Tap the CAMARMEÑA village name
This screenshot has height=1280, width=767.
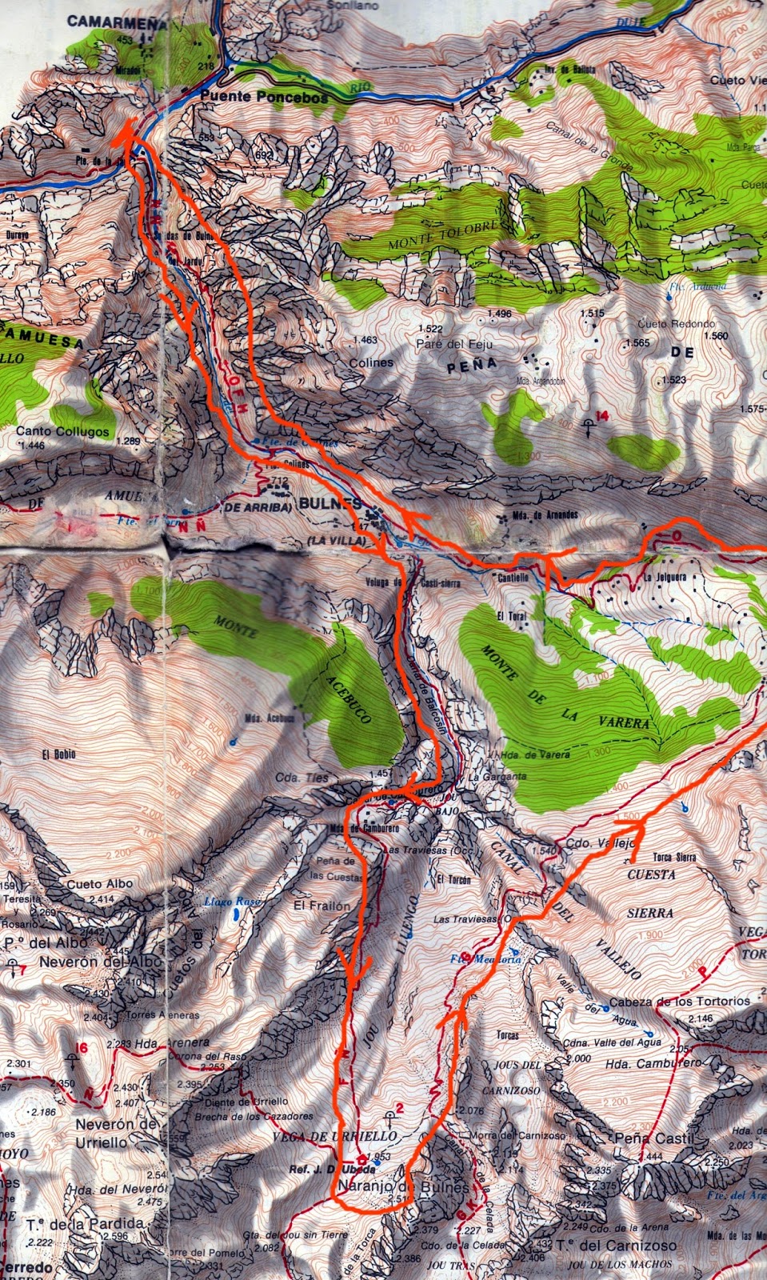tap(117, 22)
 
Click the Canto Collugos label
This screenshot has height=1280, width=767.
tap(63, 431)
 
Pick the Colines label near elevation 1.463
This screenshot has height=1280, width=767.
tap(371, 362)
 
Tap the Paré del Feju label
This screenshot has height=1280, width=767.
tap(454, 344)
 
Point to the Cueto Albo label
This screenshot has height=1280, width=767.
tap(100, 884)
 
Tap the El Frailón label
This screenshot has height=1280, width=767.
tap(322, 906)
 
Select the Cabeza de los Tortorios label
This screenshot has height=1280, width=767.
tap(679, 1001)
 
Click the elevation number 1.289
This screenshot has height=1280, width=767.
tap(128, 441)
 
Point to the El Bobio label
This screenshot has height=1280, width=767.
tap(59, 754)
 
